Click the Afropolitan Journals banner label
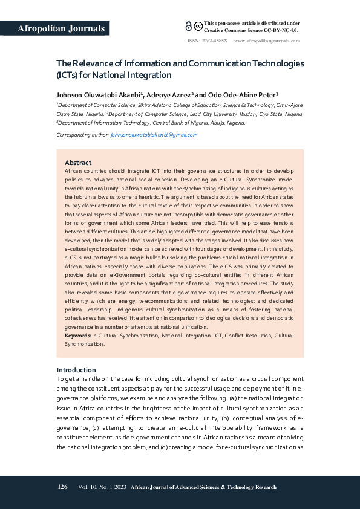pyautogui.click(x=61, y=28)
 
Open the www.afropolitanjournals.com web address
pyautogui.click(x=267, y=41)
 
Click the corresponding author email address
pyautogui.click(x=154, y=135)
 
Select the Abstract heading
pyautogui.click(x=78, y=163)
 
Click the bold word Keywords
pyautogui.click(x=78, y=334)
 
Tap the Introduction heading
pyautogui.click(x=76, y=370)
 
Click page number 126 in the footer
pyautogui.click(x=62, y=487)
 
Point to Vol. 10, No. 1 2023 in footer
pyautogui.click(x=102, y=487)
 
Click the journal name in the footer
pyautogui.click(x=203, y=487)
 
